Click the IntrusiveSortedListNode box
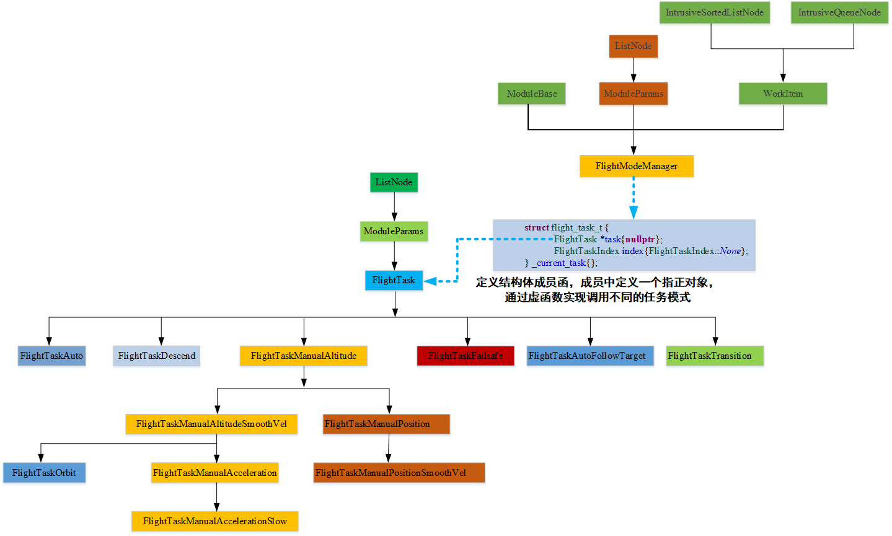click(714, 13)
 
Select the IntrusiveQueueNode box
click(839, 13)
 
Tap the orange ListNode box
click(633, 46)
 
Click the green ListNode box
click(394, 182)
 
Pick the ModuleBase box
click(532, 94)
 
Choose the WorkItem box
click(782, 94)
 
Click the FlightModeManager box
click(636, 166)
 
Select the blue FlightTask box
click(394, 280)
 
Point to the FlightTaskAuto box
click(51, 356)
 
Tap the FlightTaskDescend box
click(156, 356)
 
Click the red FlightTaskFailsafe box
click(466, 356)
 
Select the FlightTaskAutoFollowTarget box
click(590, 356)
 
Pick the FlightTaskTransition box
click(715, 356)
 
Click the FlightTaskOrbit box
click(44, 473)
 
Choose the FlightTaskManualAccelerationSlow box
click(214, 521)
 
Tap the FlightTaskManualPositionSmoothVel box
click(399, 473)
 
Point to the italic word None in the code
click(730, 251)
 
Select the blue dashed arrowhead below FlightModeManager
click(634, 212)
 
